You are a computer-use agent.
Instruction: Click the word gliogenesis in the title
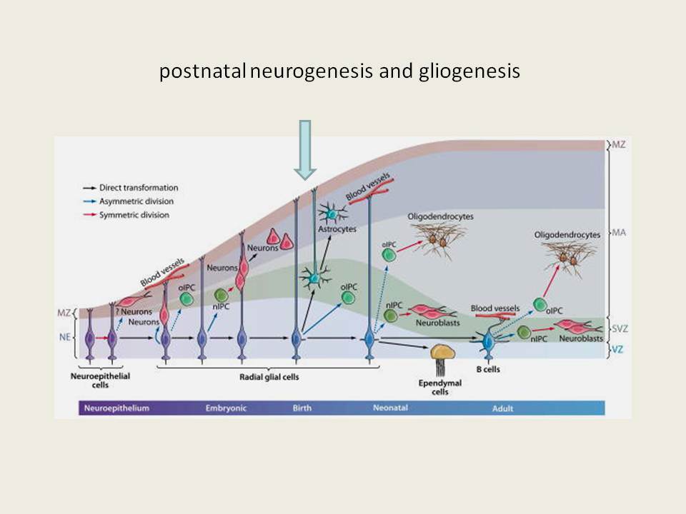[469, 71]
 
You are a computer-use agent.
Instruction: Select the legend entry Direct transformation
[130, 188]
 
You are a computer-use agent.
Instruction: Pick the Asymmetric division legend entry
[128, 201]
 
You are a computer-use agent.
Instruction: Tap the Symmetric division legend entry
[126, 215]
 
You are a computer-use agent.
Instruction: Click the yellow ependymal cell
[443, 352]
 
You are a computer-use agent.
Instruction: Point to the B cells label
[488, 369]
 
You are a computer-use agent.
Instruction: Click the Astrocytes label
[337, 229]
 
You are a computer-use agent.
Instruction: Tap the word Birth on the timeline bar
[302, 408]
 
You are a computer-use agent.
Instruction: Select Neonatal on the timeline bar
[390, 408]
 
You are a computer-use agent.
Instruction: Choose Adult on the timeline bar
[502, 408]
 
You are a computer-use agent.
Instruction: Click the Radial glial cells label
[269, 377]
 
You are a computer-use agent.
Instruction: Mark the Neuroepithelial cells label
[100, 381]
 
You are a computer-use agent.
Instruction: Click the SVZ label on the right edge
[620, 328]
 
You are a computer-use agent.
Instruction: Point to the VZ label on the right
[617, 349]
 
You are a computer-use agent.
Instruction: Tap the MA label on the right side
[619, 233]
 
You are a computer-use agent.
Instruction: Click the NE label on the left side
[65, 337]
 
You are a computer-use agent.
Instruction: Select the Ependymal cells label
[439, 387]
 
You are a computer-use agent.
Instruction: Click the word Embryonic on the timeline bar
[226, 408]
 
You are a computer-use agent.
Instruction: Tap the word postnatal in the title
[202, 71]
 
